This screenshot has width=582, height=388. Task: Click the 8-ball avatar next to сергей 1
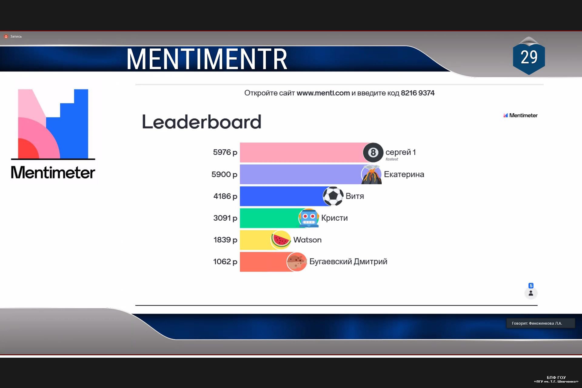pos(373,152)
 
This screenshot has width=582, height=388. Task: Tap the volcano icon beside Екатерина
pos(371,174)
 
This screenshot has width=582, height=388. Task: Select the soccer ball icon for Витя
pos(333,196)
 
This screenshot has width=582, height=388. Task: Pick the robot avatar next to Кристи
pos(309,218)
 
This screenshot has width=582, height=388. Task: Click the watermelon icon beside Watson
pos(281,240)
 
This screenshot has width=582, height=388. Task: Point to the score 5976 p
pos(225,152)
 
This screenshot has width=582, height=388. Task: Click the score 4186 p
pos(225,196)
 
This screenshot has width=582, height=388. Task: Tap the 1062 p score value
pos(225,261)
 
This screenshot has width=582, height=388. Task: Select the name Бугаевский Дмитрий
pos(348,262)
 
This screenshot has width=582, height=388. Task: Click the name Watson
pos(307,240)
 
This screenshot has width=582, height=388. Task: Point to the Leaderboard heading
pos(202,122)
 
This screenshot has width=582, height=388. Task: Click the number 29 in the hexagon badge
pos(529,57)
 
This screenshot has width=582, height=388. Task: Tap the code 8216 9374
pos(418,93)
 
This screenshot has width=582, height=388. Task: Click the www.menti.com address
pos(323,93)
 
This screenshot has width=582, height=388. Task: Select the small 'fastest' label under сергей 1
pos(392,159)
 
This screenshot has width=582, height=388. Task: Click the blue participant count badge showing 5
pos(531,286)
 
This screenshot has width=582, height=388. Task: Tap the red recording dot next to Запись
pos(6,36)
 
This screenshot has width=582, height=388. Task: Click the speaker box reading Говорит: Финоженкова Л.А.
pos(540,323)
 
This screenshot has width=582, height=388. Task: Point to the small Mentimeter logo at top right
pos(520,115)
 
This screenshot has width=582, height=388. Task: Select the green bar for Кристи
pos(270,218)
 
